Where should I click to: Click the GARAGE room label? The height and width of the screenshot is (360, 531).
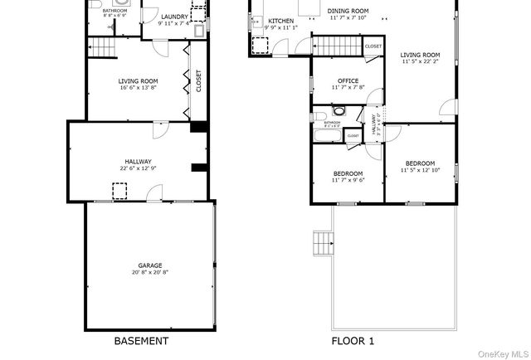(x=150, y=265)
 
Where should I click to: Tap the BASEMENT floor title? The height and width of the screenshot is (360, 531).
(x=140, y=341)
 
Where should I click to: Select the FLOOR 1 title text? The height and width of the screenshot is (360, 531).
(x=353, y=341)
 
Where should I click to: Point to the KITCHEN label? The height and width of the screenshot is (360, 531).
(x=280, y=21)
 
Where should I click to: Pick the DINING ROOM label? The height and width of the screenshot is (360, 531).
(x=348, y=12)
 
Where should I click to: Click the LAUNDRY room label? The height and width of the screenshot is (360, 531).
(x=174, y=17)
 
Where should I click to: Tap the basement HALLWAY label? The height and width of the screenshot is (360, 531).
(x=138, y=163)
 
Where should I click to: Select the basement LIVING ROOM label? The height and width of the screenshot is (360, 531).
(x=138, y=81)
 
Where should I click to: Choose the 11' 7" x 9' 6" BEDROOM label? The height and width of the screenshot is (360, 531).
(x=348, y=173)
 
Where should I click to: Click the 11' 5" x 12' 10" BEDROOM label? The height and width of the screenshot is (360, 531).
(x=420, y=163)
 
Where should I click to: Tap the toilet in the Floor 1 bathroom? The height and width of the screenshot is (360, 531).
(x=338, y=112)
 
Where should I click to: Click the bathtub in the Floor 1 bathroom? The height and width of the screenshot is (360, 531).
(x=324, y=134)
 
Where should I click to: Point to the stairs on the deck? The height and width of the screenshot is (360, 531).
(x=323, y=244)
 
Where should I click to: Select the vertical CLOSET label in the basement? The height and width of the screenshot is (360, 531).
(x=198, y=80)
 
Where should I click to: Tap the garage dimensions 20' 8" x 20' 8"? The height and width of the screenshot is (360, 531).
(x=150, y=272)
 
